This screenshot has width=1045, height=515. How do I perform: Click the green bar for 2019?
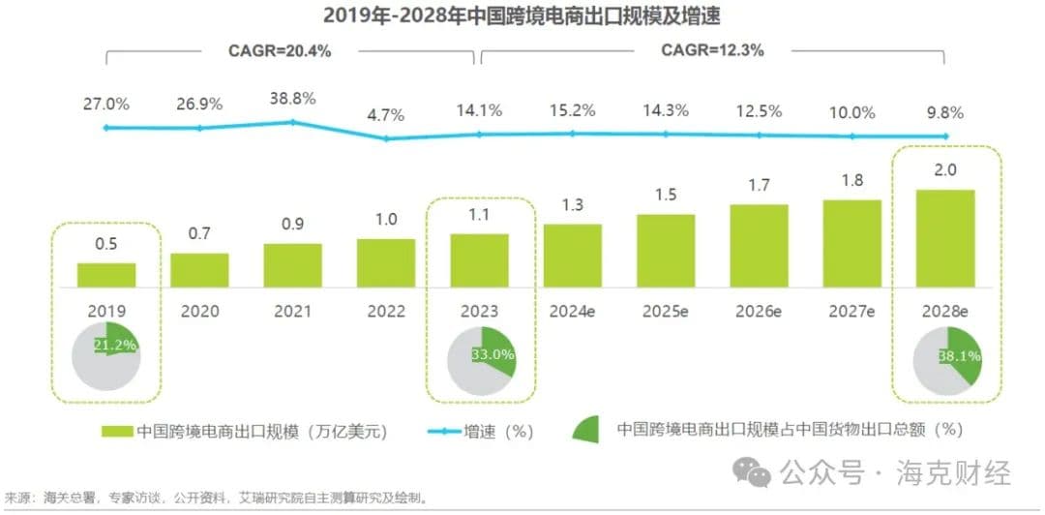[x=106, y=275]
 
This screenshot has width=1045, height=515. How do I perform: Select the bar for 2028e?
[x=946, y=238]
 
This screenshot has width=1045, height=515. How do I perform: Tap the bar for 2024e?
[x=573, y=256]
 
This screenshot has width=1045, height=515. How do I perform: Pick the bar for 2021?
[x=293, y=265]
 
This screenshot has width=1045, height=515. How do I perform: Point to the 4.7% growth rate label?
[x=386, y=115]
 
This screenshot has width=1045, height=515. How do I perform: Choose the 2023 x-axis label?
[x=479, y=311]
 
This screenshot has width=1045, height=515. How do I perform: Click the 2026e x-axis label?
[x=759, y=311]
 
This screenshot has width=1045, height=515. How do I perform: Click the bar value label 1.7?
[x=760, y=183]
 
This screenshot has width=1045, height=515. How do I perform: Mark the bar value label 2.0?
[x=946, y=168]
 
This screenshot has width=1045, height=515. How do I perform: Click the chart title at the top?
[x=522, y=15]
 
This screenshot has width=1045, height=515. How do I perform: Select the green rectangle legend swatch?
[x=116, y=431]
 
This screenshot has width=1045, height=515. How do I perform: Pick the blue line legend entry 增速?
[x=484, y=431]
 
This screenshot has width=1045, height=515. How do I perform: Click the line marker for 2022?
[x=386, y=138]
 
